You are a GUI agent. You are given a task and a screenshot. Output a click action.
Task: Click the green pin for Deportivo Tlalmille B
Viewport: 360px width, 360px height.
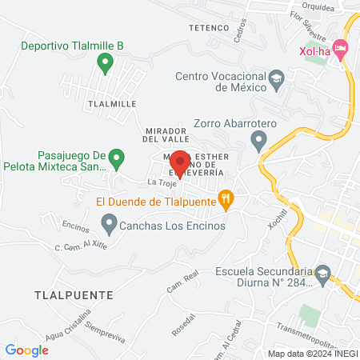(x=104, y=61)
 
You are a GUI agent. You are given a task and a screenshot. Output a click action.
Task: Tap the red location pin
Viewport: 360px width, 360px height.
(x=179, y=163)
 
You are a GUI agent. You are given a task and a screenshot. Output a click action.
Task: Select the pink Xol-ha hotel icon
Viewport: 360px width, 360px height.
(x=340, y=50)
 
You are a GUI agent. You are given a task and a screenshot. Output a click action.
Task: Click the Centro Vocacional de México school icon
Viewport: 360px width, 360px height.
(x=276, y=78)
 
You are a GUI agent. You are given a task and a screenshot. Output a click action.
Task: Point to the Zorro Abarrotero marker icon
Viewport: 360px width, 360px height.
(x=258, y=142)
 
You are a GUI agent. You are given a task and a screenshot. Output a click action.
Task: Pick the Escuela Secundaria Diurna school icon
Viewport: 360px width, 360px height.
(x=322, y=273)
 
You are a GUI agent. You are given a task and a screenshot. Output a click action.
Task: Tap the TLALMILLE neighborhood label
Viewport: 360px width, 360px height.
(x=113, y=104)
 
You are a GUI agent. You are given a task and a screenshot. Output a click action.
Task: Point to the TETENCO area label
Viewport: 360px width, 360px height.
(x=209, y=28)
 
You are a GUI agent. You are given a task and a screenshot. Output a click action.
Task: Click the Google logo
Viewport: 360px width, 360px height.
(x=27, y=350)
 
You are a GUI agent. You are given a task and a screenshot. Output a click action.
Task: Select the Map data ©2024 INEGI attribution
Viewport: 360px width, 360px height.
(x=312, y=354)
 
